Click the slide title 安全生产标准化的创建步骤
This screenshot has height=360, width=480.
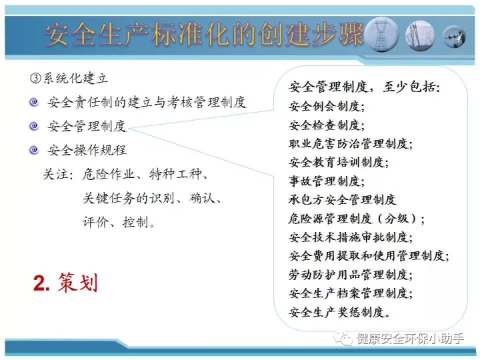[x=204, y=34]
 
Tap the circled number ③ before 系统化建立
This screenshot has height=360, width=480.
[x=35, y=79]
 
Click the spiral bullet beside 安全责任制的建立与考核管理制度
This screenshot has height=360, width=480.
[x=34, y=102]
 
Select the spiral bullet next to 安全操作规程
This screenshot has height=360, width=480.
[x=34, y=150]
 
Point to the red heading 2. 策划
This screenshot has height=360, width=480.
[x=65, y=282]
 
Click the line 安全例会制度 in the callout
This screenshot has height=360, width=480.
[x=326, y=106]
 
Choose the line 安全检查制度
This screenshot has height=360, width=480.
[x=326, y=125]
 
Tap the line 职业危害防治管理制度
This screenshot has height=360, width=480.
[x=351, y=143]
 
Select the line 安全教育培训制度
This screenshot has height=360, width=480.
[x=339, y=162]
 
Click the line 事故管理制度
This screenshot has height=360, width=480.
[x=326, y=181]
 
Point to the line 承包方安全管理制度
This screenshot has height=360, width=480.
[x=342, y=199]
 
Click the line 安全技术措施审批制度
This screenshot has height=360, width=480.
[x=351, y=237]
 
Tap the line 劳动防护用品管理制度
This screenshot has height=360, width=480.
[x=351, y=274]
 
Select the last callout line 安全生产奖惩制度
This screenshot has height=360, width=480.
[x=339, y=312]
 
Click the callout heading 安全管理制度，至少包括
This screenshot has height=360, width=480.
[x=364, y=87]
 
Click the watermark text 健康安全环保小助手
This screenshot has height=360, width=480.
[x=410, y=339]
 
